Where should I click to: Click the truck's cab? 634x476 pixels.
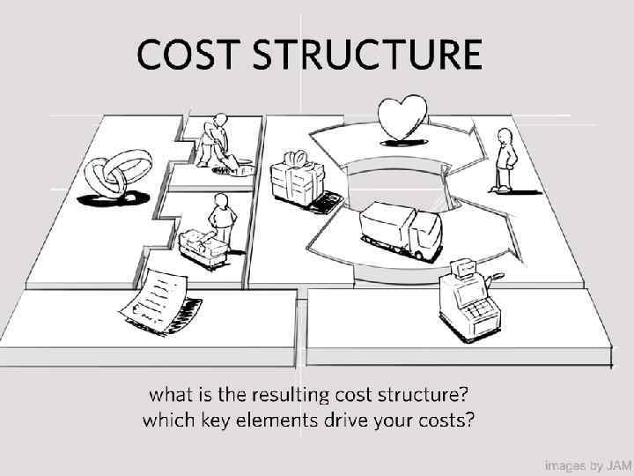pyautogui.click(x=426, y=237)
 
